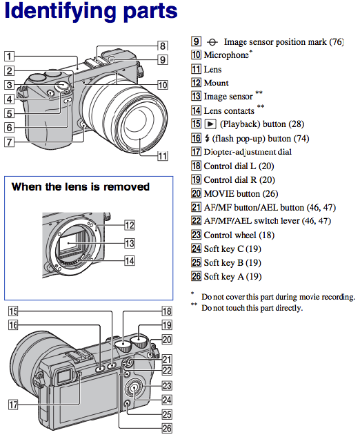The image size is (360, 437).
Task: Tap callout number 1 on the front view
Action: pyautogui.click(x=9, y=56)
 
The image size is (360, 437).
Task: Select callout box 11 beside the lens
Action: pyautogui.click(x=163, y=156)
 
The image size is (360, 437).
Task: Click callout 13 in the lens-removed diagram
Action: pyautogui.click(x=130, y=243)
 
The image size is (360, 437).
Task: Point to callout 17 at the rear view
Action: pyautogui.click(x=13, y=405)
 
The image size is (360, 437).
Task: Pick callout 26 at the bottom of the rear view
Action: pyautogui.click(x=167, y=428)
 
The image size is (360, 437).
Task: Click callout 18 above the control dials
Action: pyautogui.click(x=167, y=311)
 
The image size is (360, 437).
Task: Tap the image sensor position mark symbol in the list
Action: pyautogui.click(x=212, y=42)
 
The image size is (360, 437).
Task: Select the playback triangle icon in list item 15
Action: pyautogui.click(x=210, y=124)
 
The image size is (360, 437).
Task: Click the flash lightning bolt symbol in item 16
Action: pyautogui.click(x=207, y=138)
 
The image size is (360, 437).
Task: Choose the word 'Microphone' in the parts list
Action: pyautogui.click(x=226, y=55)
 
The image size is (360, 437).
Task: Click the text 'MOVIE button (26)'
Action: pyautogui.click(x=241, y=193)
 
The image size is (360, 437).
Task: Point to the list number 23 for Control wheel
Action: pyautogui.click(x=196, y=235)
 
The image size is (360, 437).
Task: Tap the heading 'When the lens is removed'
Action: pyautogui.click(x=81, y=186)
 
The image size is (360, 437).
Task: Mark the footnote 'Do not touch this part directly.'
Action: pyautogui.click(x=252, y=308)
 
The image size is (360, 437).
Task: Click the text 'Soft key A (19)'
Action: pyautogui.click(x=233, y=276)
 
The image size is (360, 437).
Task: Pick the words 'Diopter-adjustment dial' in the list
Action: pyautogui.click(x=248, y=152)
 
